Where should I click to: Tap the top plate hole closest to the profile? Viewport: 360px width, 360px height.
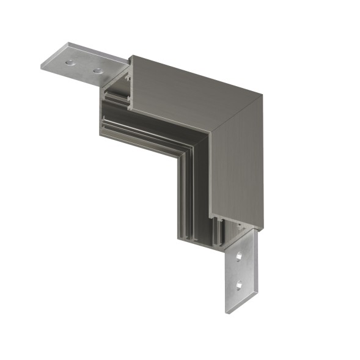97,71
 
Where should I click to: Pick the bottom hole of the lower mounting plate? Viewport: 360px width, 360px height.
238,284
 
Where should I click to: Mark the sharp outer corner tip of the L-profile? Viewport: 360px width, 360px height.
262,95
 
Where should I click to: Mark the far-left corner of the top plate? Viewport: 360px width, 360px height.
42,67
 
